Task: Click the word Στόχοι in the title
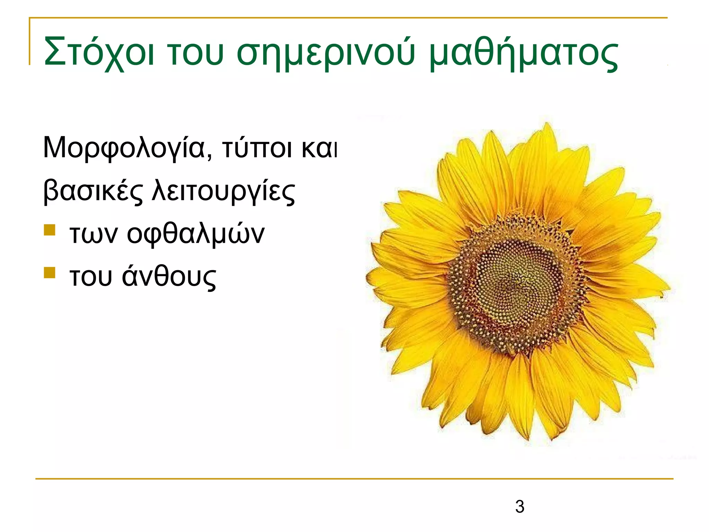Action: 99,52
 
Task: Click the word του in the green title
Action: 195,52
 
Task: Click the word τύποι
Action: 257,148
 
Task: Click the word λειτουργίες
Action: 223,191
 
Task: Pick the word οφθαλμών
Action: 196,234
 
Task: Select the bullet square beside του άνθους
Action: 50,273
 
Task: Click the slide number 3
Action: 520,507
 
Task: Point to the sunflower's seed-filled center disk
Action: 518,281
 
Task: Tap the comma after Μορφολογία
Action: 209,157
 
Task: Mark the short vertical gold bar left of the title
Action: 29,42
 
